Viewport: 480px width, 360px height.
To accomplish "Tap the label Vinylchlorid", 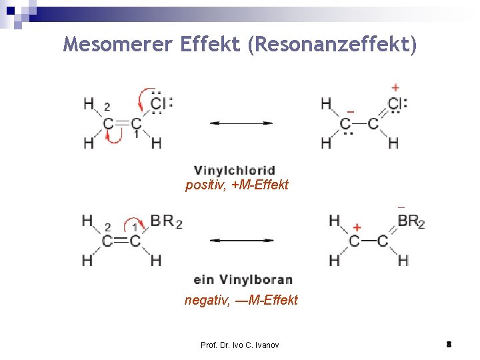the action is [x=234, y=171].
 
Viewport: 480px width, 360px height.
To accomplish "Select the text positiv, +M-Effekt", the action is [x=237, y=185].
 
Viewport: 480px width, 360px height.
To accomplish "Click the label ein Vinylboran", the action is [x=243, y=279].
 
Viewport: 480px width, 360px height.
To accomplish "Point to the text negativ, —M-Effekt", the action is [x=241, y=300].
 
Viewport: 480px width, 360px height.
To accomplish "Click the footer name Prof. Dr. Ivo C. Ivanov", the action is [x=240, y=345].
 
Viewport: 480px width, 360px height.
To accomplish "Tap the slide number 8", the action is [x=449, y=344].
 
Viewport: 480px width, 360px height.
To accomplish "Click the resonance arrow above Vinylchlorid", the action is [x=241, y=123].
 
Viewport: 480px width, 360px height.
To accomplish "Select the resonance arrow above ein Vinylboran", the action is [x=241, y=240].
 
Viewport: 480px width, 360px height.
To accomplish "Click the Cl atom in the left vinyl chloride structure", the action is [x=159, y=103].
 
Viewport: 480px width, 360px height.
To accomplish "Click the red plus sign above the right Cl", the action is [x=395, y=87].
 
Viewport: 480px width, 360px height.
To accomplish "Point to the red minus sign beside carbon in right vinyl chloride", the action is [x=351, y=111].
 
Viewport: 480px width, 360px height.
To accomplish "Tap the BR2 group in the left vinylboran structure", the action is [x=166, y=221].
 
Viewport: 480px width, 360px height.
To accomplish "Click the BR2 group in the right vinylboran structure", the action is [x=411, y=221].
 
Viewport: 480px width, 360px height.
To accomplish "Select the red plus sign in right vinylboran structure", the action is [x=357, y=227].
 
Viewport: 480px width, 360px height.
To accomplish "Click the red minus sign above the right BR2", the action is [x=401, y=208].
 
